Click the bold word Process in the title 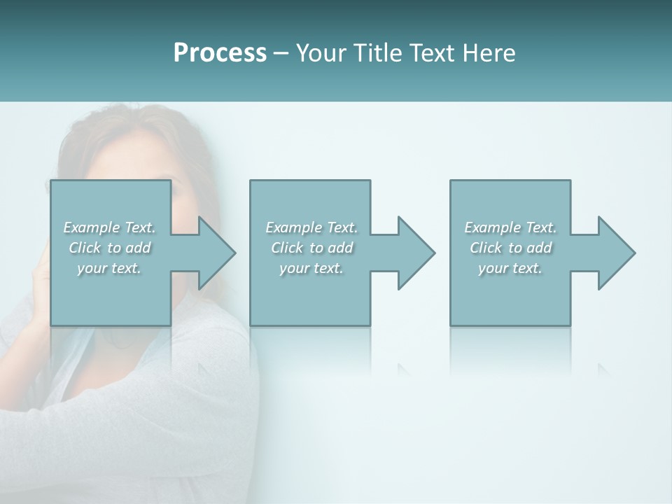point(220,53)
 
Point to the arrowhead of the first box point(216,253)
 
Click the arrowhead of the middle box point(416,253)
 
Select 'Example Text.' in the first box point(109,227)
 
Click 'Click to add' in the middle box point(311,248)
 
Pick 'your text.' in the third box point(510,268)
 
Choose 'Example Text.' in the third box point(510,227)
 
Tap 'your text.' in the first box point(109,268)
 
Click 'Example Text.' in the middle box point(311,227)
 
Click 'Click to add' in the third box point(510,248)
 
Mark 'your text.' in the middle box point(311,268)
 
